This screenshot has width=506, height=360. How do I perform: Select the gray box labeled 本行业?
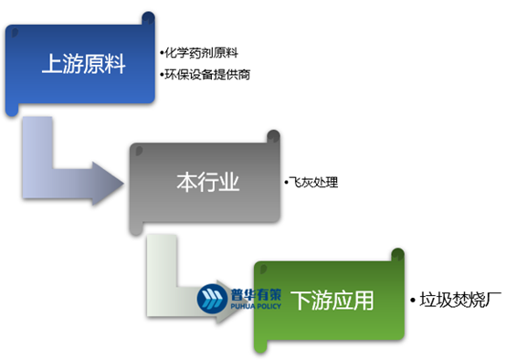point(206,181)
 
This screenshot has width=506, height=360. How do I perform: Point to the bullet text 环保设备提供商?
point(206,74)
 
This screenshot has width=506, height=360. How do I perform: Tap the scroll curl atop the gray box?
point(272,137)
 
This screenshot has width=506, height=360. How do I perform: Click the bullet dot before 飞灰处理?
point(286,184)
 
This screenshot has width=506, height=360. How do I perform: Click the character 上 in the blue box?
point(51,65)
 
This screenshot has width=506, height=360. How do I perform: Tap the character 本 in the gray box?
point(184,181)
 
